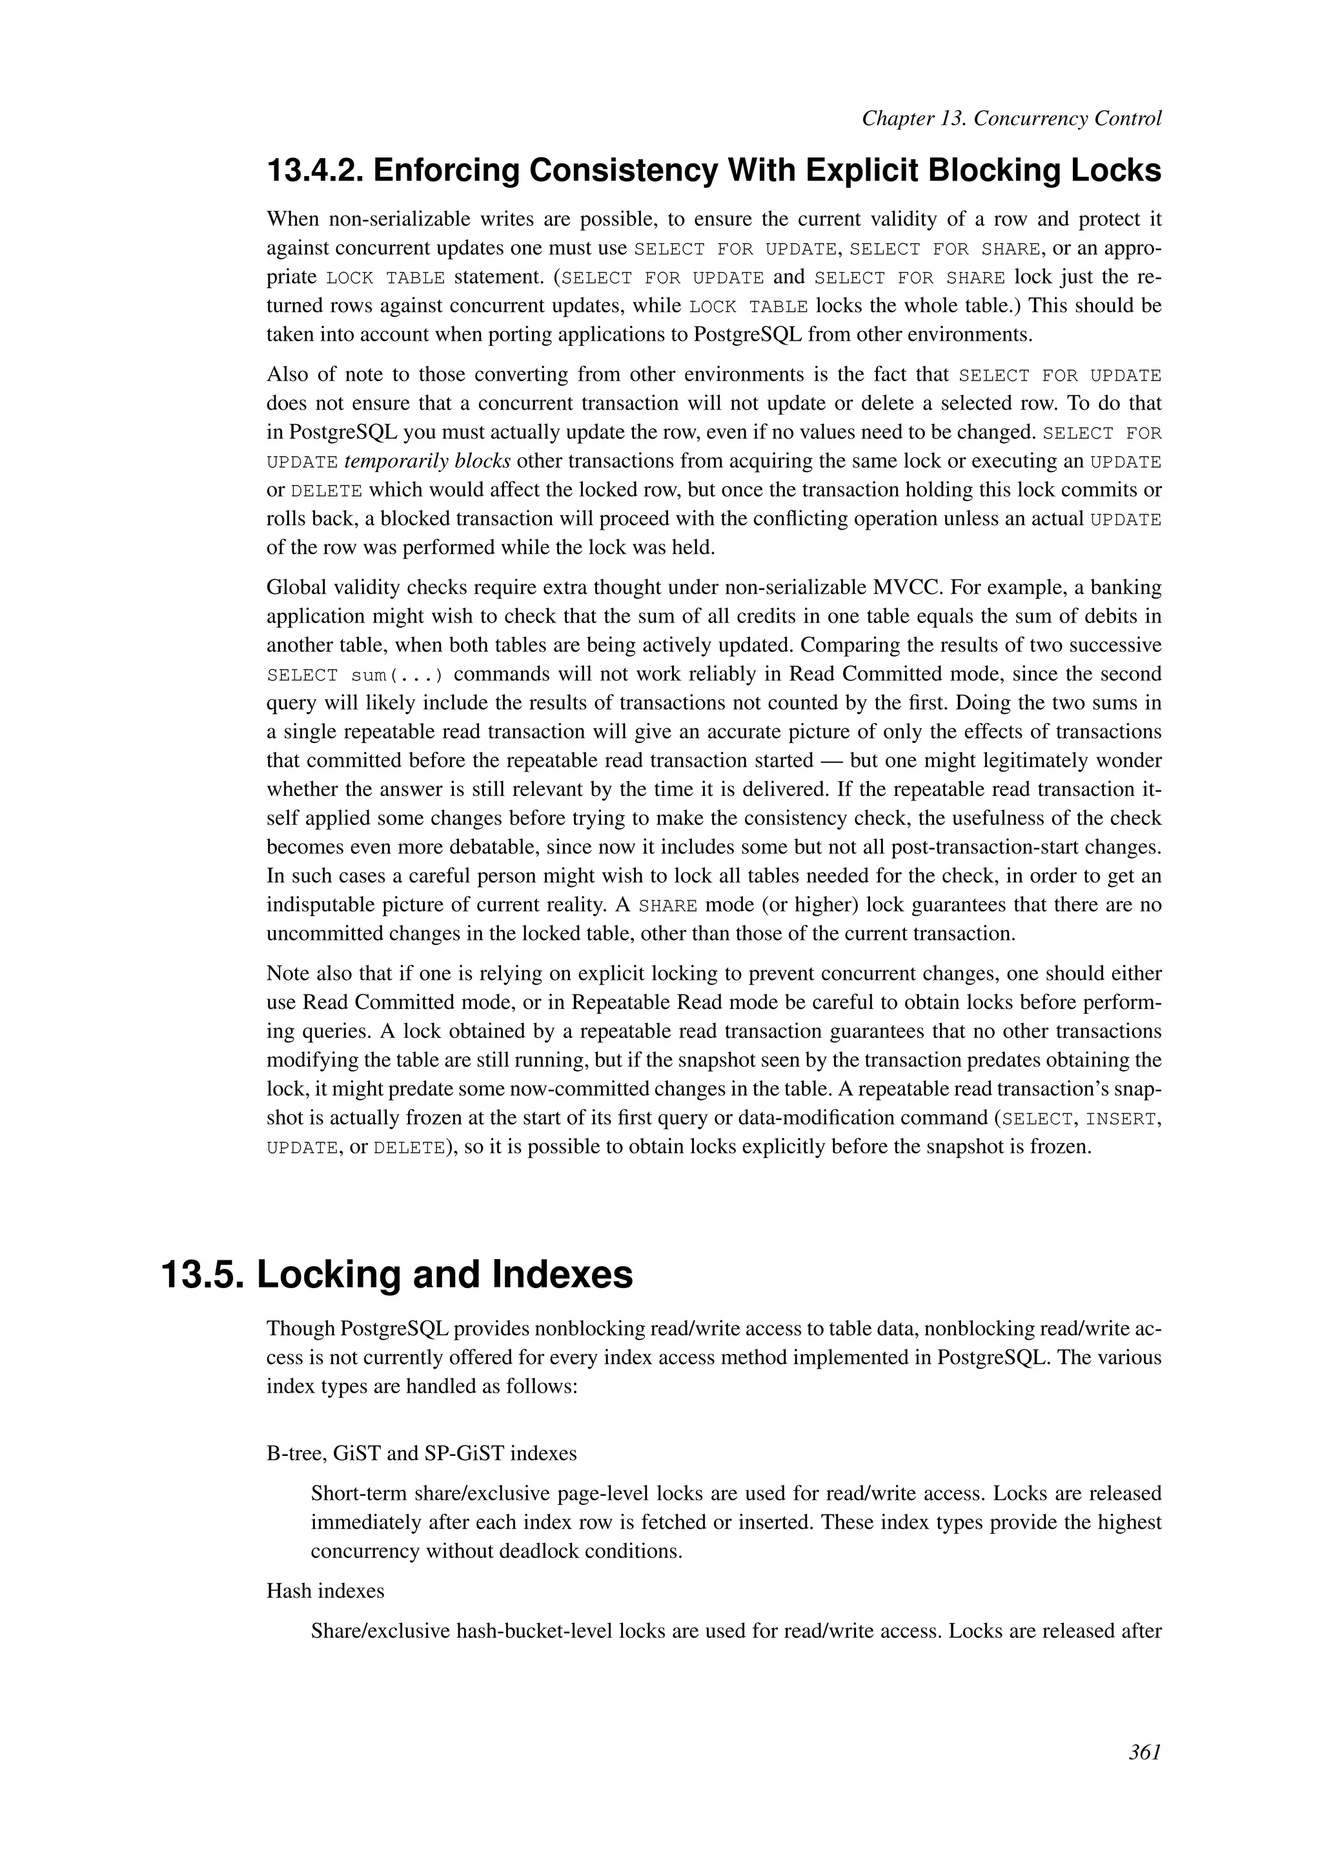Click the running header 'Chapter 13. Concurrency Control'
point(1011,119)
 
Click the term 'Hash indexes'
point(325,1591)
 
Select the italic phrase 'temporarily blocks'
point(427,461)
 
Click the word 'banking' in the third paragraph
point(1126,588)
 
